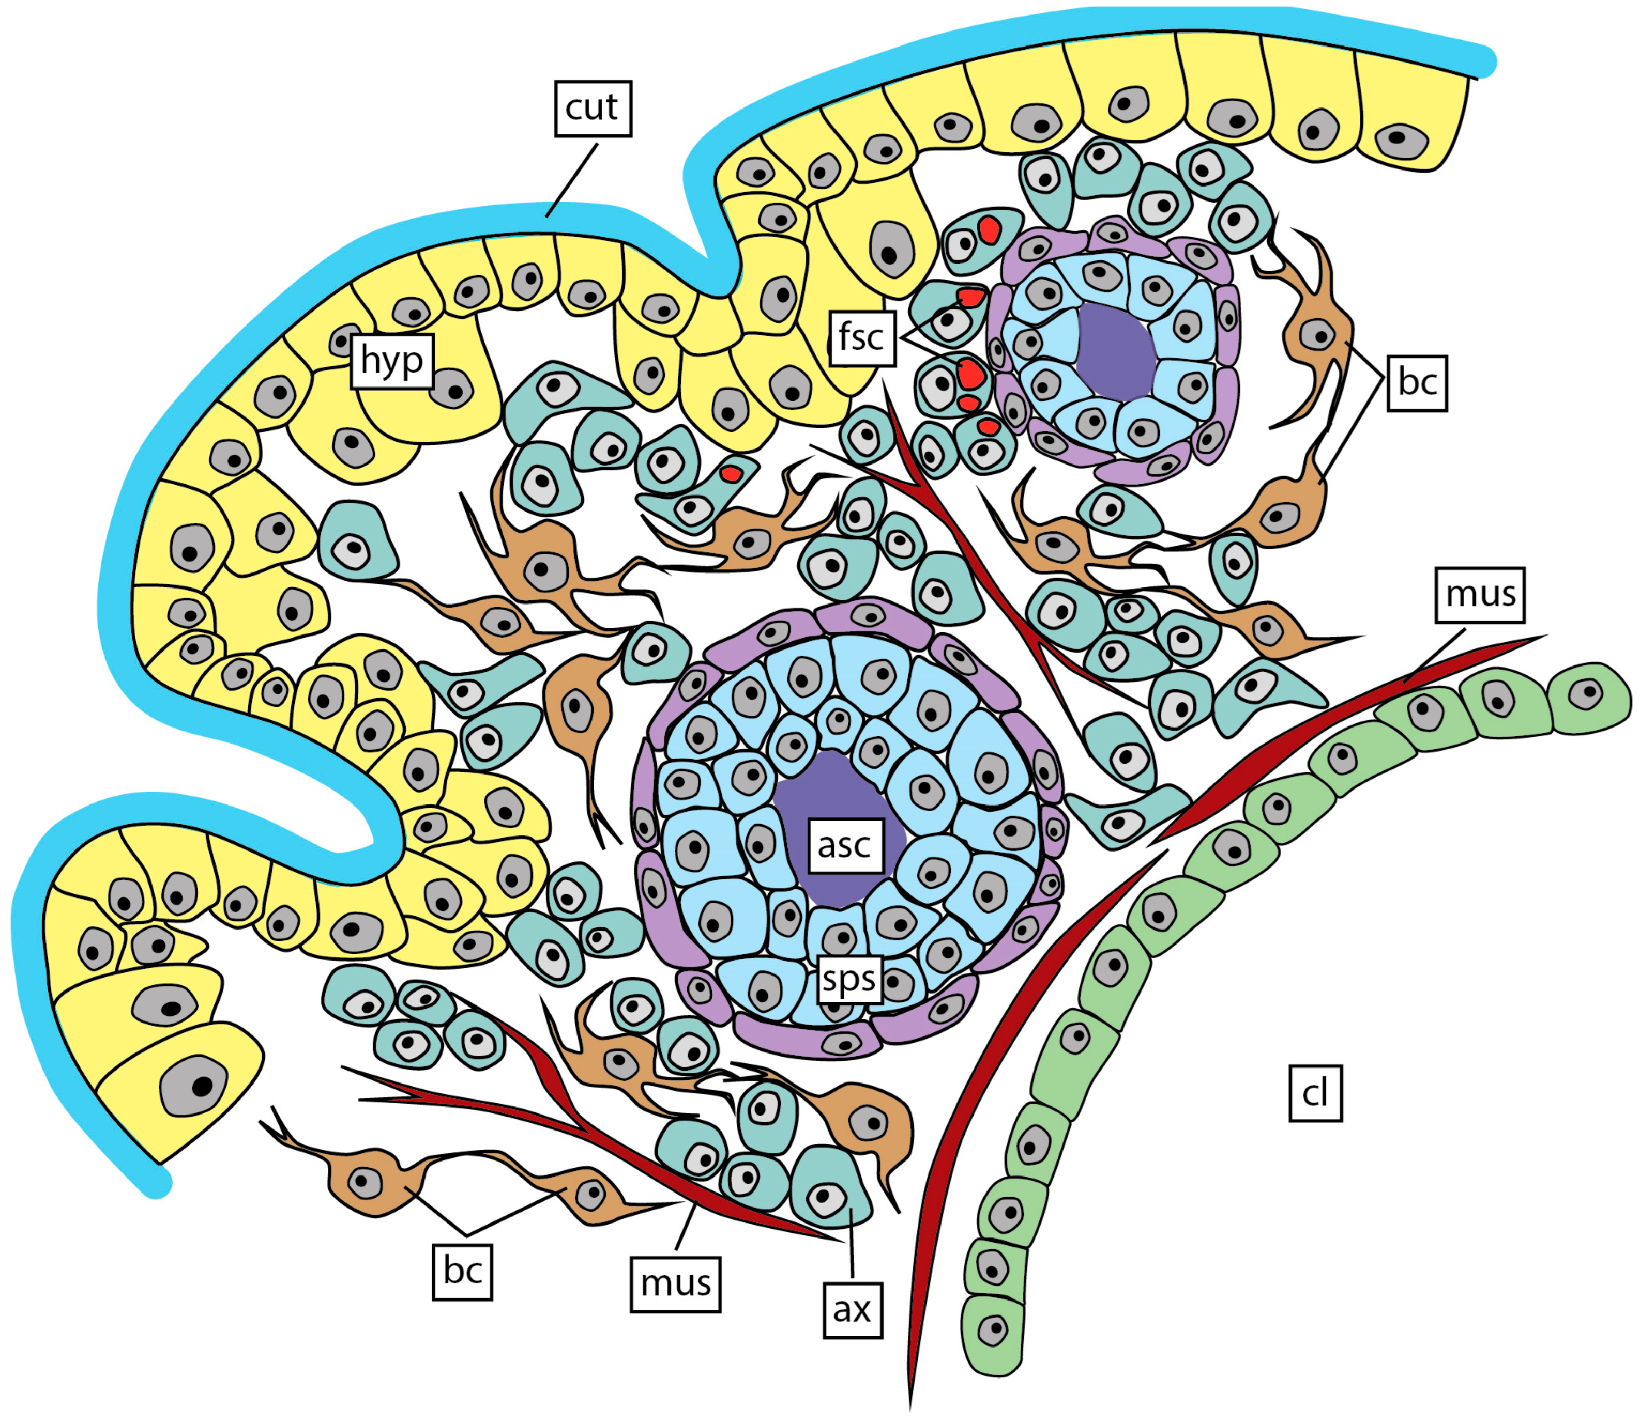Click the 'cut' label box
pos(592,108)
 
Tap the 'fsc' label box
pos(862,338)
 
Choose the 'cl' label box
pos(1315,1093)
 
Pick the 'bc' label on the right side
pos(1417,383)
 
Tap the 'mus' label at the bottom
pos(675,1283)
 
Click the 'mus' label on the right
pos(1479,594)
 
